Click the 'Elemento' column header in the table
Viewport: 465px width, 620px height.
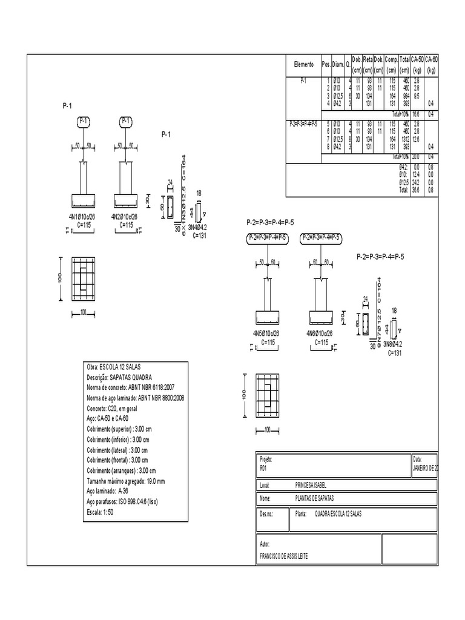click(x=303, y=65)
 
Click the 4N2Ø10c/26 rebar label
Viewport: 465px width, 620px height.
click(x=128, y=216)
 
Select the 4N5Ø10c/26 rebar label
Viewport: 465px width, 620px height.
click(x=268, y=334)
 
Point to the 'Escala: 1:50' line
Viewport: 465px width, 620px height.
click(x=101, y=512)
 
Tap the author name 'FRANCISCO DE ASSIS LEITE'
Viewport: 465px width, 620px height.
click(x=283, y=556)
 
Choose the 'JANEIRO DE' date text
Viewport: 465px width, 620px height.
click(x=426, y=467)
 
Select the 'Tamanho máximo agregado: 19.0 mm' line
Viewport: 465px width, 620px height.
click(x=126, y=481)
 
